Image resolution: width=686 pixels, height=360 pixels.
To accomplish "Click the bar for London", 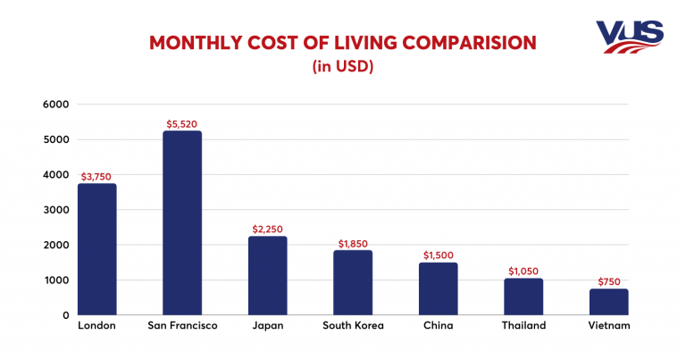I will click(96, 249).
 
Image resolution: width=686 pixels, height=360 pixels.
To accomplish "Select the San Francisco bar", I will click(182, 223).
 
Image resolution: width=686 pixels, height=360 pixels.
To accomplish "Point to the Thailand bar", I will click(523, 297).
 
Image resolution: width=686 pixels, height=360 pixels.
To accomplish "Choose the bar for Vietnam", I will click(608, 302).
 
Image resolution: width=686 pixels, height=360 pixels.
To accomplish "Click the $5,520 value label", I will click(182, 123).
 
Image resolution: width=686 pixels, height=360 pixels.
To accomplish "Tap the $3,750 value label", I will click(96, 177).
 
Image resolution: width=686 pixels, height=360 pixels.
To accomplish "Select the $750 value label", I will click(608, 281).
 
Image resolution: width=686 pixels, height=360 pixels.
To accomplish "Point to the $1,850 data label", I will click(353, 243).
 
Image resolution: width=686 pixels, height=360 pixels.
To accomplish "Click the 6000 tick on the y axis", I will click(55, 105).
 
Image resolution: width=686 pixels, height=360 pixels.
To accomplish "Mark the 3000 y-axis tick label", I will click(55, 210).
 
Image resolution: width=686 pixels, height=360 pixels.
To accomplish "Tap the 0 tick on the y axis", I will click(65, 315).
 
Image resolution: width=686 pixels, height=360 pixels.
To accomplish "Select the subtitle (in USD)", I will click(342, 66).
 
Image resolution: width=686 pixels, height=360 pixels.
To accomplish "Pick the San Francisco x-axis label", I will click(182, 326).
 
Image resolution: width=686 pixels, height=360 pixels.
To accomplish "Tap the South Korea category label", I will click(353, 326).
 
